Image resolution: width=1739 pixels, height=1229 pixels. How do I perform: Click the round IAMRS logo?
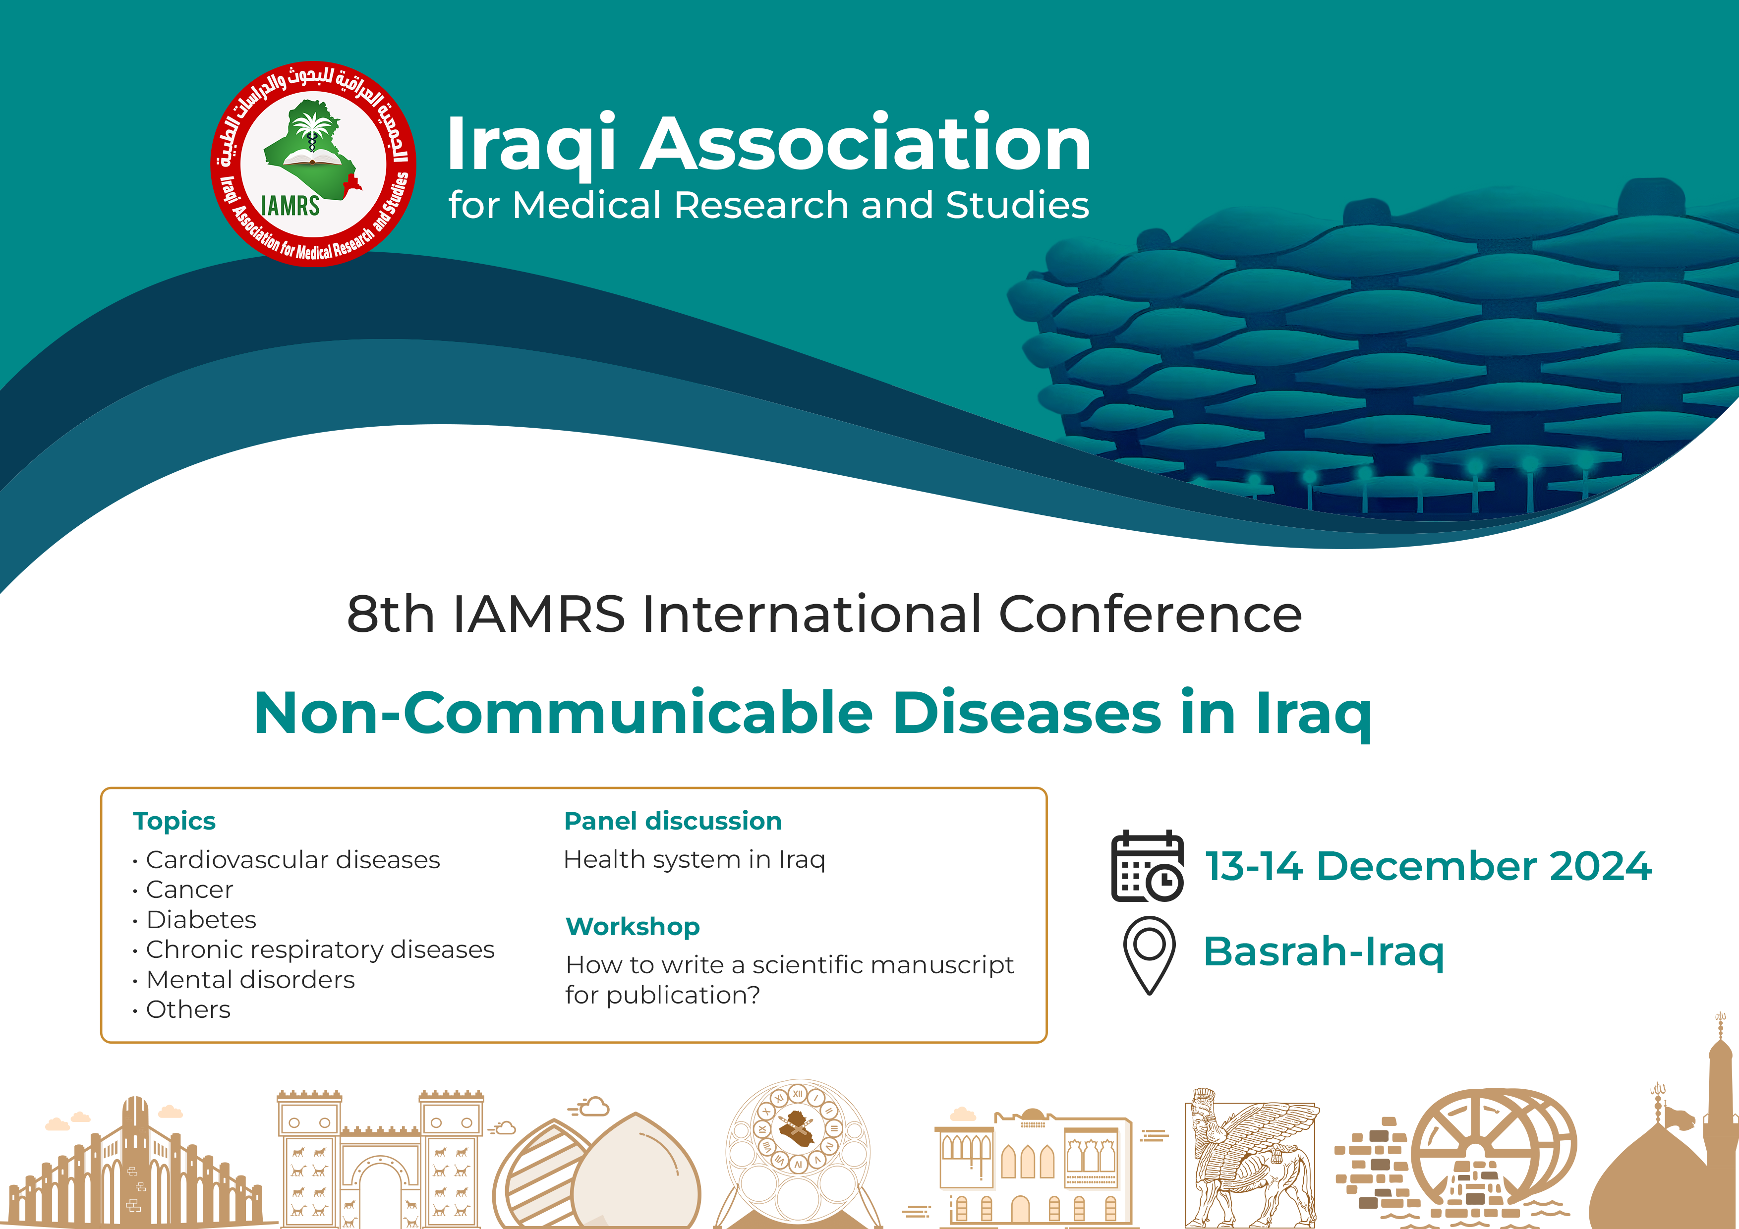(x=313, y=164)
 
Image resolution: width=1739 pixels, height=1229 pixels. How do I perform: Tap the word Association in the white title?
(x=865, y=143)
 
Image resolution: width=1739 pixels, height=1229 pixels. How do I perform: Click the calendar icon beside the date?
(x=1147, y=866)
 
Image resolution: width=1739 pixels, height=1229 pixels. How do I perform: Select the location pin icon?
(x=1150, y=955)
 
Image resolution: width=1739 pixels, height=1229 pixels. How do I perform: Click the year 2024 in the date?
(x=1600, y=866)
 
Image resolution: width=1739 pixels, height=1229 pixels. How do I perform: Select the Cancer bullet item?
(x=189, y=890)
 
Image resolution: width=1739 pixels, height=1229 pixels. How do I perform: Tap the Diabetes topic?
(x=201, y=919)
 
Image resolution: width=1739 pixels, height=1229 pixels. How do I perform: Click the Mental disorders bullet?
(x=250, y=980)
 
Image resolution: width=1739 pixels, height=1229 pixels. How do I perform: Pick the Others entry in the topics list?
(x=188, y=1009)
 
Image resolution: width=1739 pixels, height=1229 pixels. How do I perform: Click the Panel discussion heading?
(x=673, y=821)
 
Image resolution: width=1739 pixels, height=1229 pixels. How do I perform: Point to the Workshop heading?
(x=633, y=927)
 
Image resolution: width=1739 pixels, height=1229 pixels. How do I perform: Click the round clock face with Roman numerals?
(x=798, y=1127)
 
